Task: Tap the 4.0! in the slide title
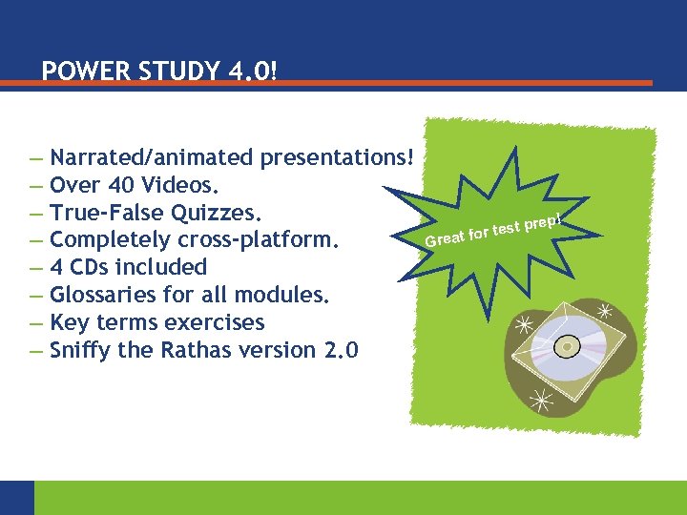(251, 72)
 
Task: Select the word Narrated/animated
(151, 156)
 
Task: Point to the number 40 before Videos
(119, 184)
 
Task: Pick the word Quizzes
(228, 212)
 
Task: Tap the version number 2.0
(342, 350)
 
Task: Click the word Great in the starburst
(445, 237)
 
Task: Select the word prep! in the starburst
(547, 220)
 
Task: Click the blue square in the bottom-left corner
(16, 497)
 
